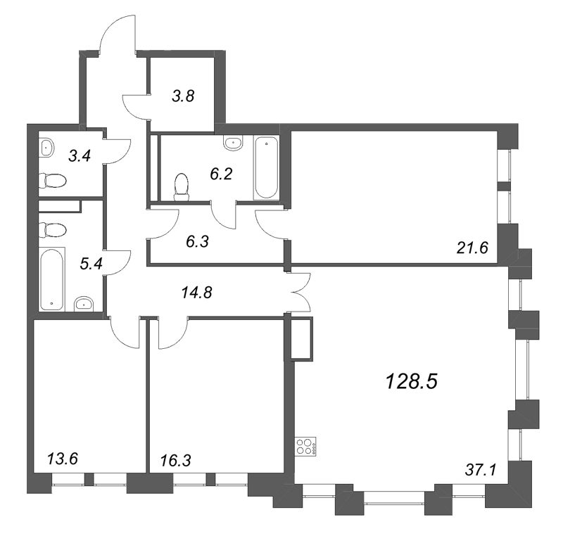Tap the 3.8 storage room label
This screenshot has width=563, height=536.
click(183, 97)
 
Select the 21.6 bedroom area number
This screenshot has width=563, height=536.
click(472, 246)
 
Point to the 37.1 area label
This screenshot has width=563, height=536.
click(481, 468)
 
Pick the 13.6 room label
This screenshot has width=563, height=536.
click(63, 459)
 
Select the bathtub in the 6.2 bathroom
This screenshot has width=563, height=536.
click(266, 168)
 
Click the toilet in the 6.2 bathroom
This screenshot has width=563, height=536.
click(182, 186)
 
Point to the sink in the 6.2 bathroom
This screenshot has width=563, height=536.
click(233, 143)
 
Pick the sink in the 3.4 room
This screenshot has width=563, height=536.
click(46, 148)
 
